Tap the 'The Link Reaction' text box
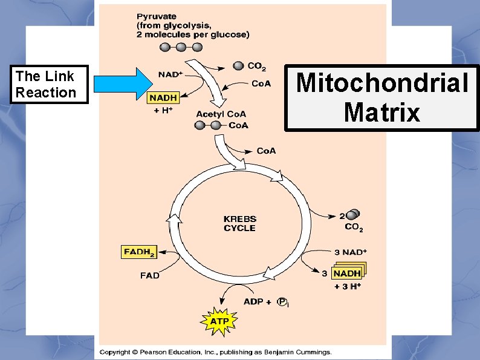coord(46,84)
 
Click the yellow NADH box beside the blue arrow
coord(164,96)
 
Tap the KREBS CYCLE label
coord(240,223)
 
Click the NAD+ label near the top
coord(171,75)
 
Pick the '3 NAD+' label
coord(351,252)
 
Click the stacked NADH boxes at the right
coord(349,273)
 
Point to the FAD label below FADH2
coord(149,275)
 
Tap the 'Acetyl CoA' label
coord(221,114)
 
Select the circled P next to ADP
coord(282,301)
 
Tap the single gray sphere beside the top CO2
coord(238,65)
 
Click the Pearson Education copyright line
coord(216,352)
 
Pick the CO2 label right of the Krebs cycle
coord(354,227)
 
